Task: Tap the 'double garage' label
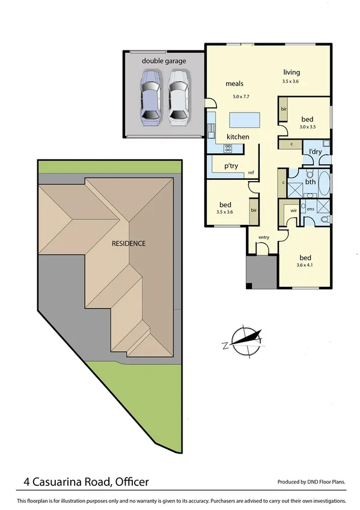[x=164, y=61]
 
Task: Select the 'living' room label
[x=291, y=73]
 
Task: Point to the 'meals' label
[x=234, y=84]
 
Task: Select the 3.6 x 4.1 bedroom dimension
[x=306, y=265]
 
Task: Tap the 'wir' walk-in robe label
[x=294, y=211]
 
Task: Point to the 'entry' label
[x=264, y=238]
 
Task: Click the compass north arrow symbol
[x=243, y=341]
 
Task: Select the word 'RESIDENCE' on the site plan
[x=128, y=244]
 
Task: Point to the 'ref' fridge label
[x=251, y=173]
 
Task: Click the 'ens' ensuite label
[x=311, y=209]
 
